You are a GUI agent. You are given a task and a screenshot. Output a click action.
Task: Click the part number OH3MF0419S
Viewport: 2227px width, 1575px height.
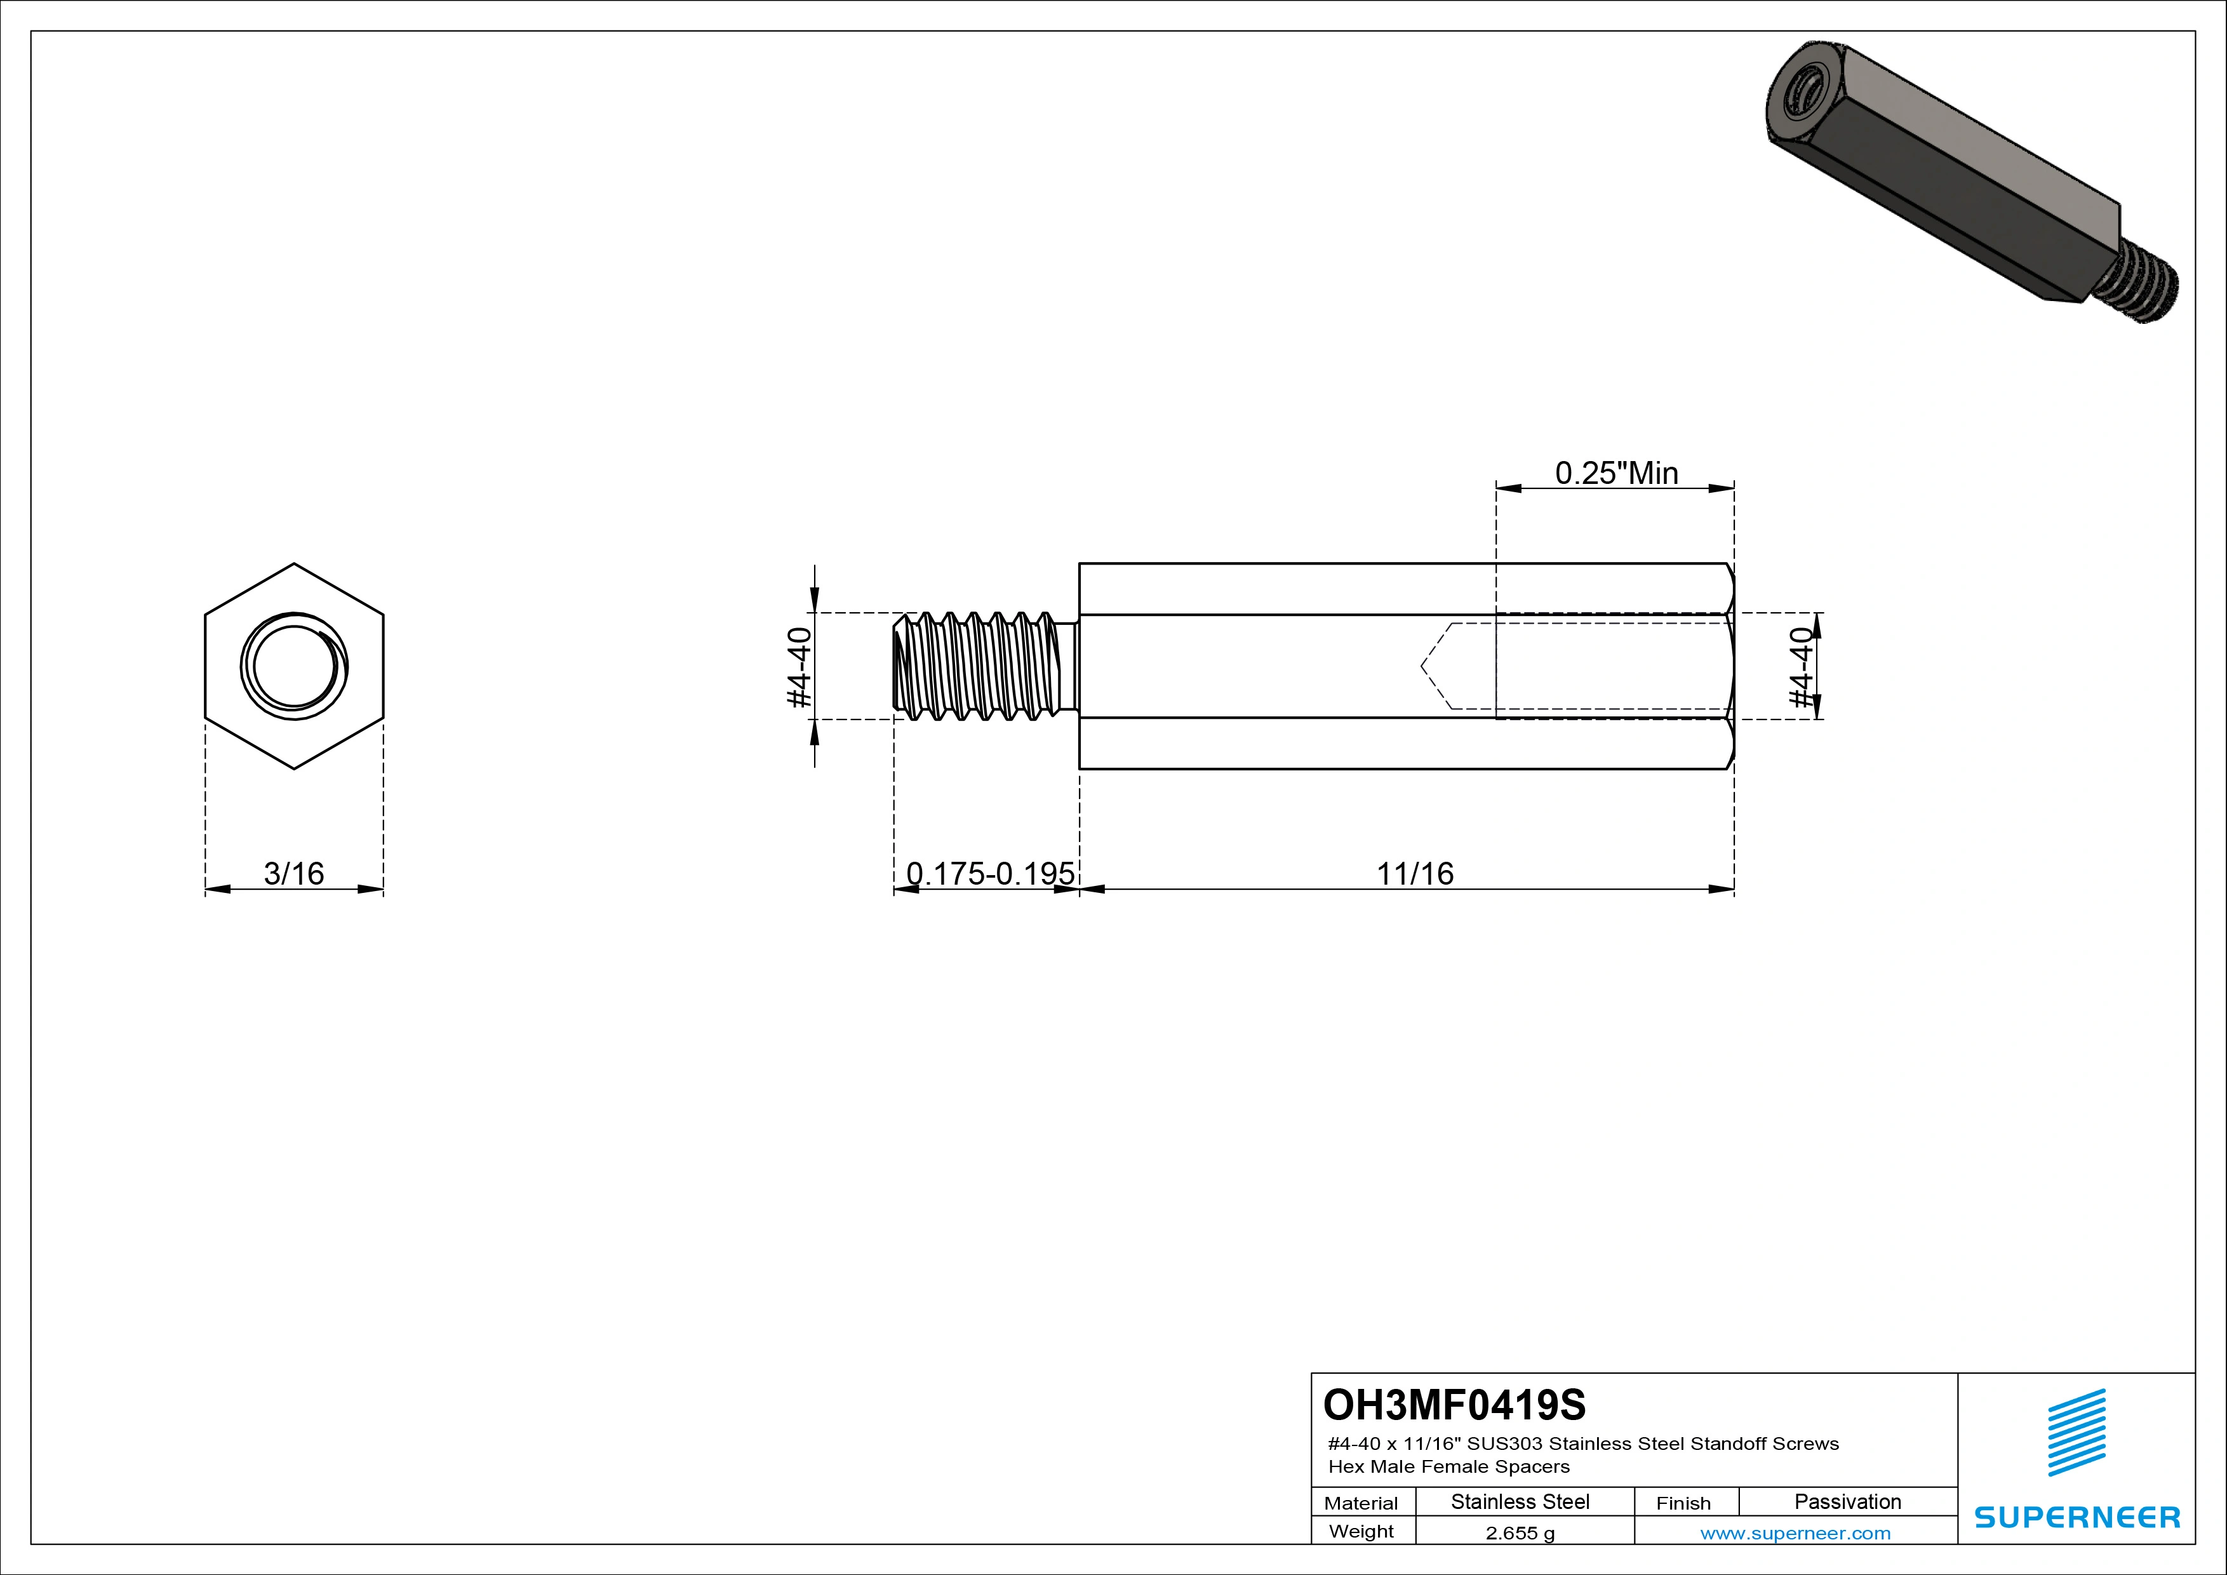1454,1404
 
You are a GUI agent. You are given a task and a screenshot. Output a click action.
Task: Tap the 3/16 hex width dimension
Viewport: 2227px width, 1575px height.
294,874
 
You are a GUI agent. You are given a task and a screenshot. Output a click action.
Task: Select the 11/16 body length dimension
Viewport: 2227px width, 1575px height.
1415,874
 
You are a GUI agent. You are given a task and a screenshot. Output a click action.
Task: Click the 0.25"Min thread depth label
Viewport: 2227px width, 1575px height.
1617,473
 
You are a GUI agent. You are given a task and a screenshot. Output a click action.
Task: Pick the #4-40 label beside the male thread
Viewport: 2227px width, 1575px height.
799,667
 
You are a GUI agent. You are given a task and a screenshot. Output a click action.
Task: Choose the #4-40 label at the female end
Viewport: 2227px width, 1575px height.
1800,667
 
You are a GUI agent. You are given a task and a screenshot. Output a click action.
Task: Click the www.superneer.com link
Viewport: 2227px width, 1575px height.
1795,1533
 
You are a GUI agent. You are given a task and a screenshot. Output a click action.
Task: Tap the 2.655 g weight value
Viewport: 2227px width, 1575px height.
1520,1533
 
